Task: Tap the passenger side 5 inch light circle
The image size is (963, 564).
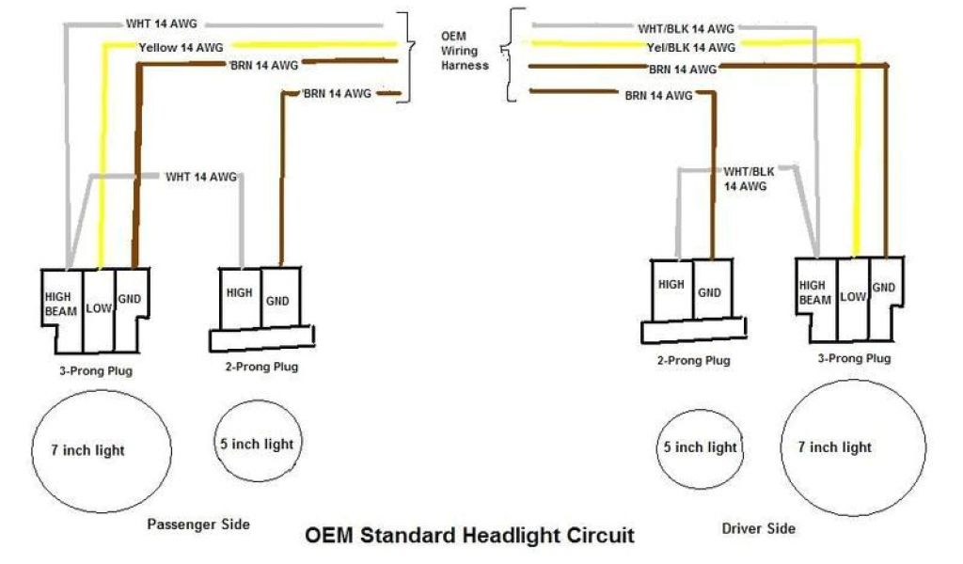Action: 257,444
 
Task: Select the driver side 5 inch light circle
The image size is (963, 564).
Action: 700,447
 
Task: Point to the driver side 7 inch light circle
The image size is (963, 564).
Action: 835,447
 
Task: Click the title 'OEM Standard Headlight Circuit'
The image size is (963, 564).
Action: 469,536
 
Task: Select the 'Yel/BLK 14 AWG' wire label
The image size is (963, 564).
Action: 691,47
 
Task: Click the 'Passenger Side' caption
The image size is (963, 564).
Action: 198,524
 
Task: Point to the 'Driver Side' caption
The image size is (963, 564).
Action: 758,528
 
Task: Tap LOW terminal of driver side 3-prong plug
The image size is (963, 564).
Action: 852,297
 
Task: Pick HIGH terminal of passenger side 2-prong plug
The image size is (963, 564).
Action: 240,293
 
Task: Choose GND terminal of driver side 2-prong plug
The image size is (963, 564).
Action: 709,292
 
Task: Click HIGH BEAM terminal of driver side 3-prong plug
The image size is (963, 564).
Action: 813,292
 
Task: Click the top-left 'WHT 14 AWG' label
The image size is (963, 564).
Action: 162,23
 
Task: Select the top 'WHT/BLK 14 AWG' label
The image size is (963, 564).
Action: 687,29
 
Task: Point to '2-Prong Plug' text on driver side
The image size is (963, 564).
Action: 693,360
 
